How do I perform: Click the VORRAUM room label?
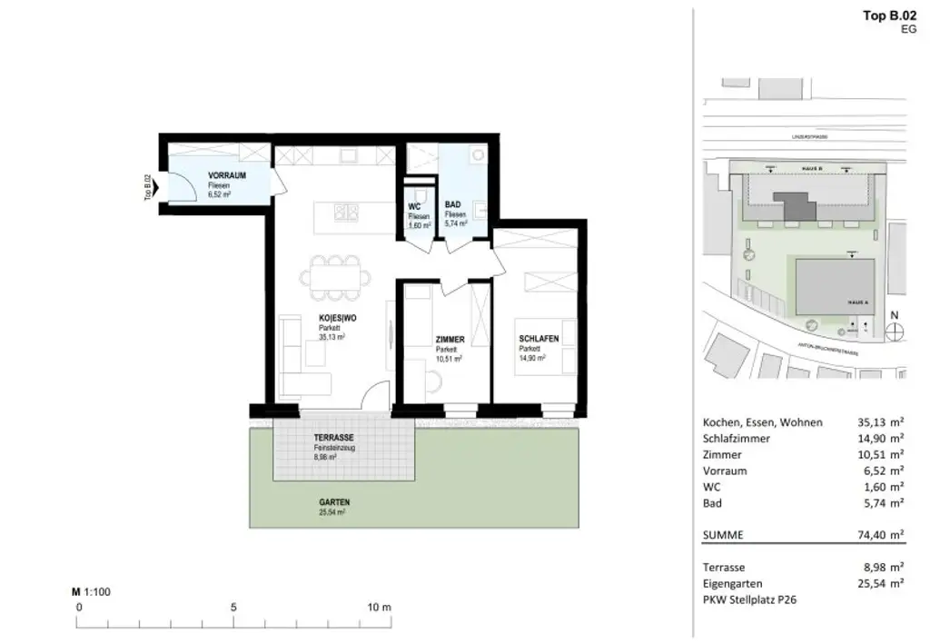click(x=226, y=174)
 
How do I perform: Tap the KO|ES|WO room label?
click(x=336, y=318)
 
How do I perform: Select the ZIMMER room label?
click(x=450, y=340)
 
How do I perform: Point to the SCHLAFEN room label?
click(x=538, y=339)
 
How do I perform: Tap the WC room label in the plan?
click(x=414, y=207)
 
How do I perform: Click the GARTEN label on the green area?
click(x=333, y=502)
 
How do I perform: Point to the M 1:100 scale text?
click(x=91, y=591)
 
